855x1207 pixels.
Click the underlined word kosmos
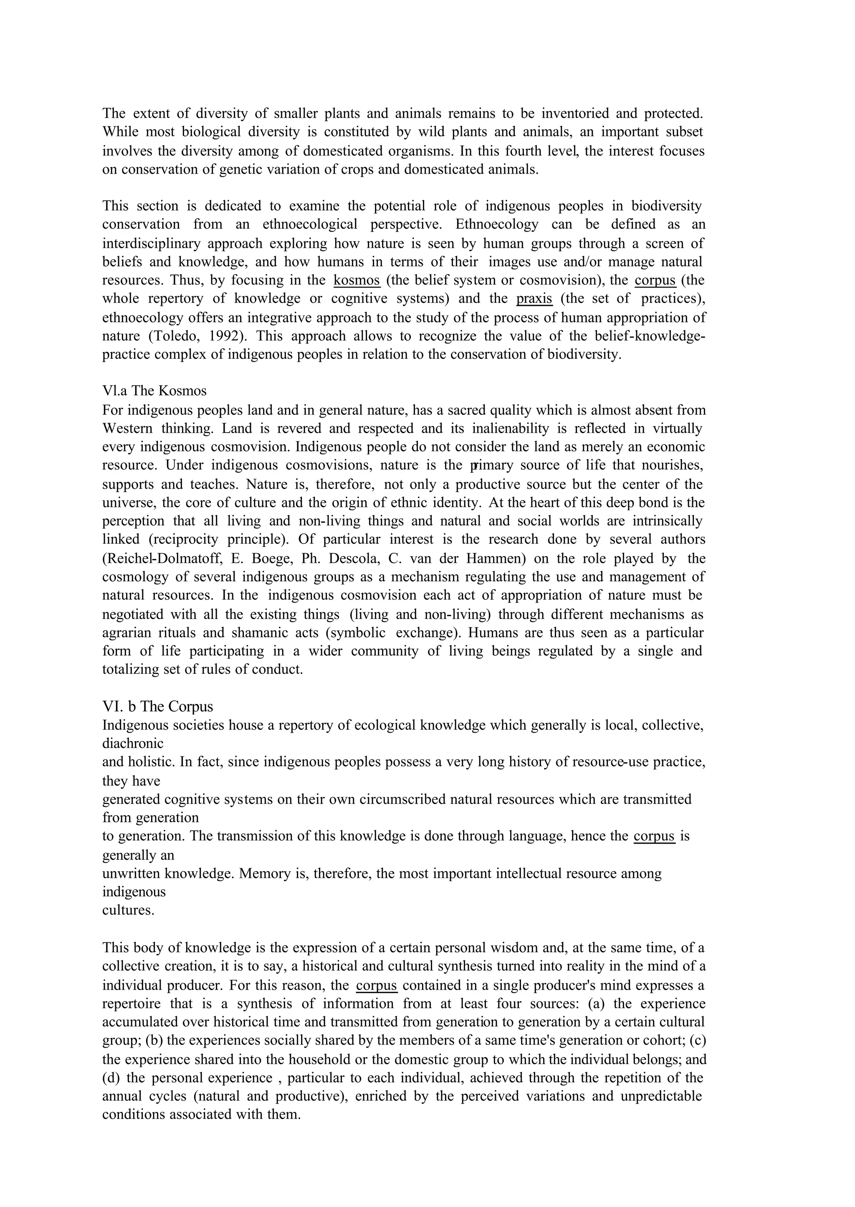click(357, 280)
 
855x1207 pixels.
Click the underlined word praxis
click(534, 298)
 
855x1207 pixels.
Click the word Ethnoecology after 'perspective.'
click(496, 224)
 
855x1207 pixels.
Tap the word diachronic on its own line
click(133, 743)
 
